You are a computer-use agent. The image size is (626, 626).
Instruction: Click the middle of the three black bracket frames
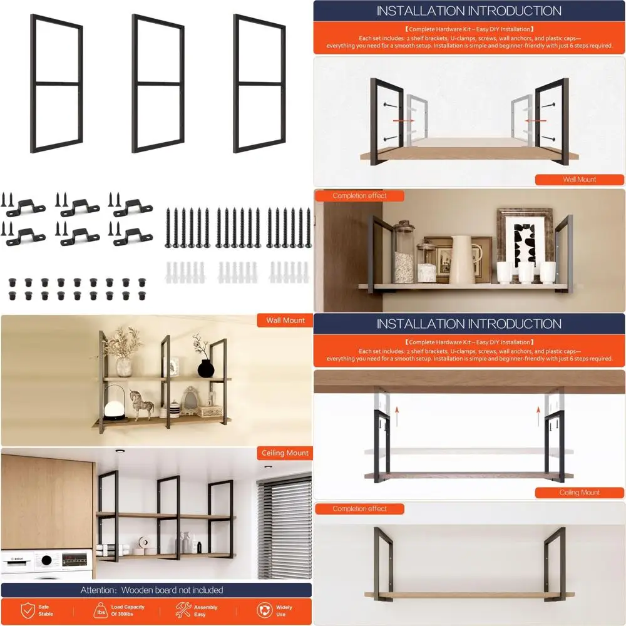tap(158, 84)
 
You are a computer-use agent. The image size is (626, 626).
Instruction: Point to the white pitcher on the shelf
tap(461, 260)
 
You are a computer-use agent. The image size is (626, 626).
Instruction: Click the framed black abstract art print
tap(525, 245)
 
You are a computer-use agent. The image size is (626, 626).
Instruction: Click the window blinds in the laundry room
tap(285, 526)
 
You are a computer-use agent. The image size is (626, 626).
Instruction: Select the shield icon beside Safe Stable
tap(28, 610)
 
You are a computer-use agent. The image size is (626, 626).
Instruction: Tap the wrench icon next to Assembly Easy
tap(183, 610)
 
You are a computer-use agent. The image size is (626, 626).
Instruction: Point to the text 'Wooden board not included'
tap(172, 590)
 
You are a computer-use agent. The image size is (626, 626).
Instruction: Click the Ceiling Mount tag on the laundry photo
tap(285, 453)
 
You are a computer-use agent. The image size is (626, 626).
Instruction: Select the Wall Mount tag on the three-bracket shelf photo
tap(285, 320)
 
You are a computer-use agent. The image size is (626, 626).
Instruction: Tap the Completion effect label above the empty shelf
tap(359, 509)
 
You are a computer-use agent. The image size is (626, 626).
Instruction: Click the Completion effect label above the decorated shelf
tap(359, 196)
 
